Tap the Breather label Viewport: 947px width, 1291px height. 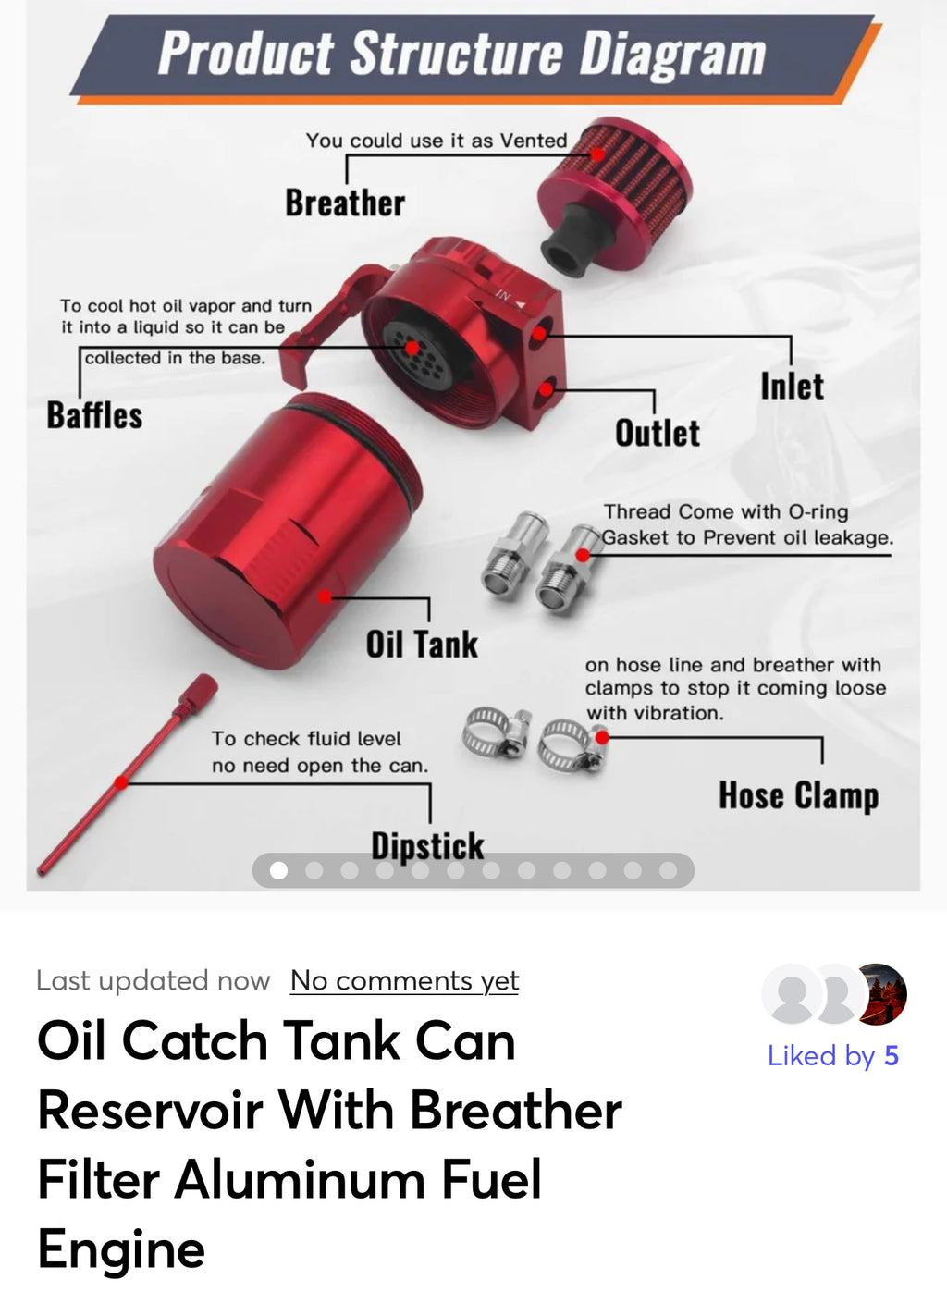click(344, 203)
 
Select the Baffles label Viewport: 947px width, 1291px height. click(94, 415)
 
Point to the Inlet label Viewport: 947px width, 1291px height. click(792, 387)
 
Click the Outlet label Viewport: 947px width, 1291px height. click(658, 433)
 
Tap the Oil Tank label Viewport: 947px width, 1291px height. click(422, 645)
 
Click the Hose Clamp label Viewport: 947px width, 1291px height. click(798, 795)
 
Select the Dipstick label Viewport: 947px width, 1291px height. click(427, 845)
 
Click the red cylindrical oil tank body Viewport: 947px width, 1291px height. click(277, 536)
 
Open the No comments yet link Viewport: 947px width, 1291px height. click(404, 980)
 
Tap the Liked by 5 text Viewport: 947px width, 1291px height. click(832, 1056)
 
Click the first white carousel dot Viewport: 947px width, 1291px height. click(278, 870)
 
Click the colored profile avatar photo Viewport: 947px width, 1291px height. click(881, 994)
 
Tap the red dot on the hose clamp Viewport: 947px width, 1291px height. click(602, 737)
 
